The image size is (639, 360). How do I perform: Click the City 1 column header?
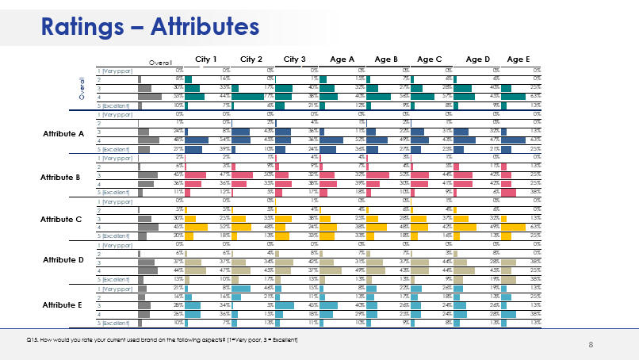point(206,59)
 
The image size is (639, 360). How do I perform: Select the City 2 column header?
point(251,59)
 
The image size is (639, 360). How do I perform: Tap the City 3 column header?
point(294,59)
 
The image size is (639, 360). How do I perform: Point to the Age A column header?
point(342,59)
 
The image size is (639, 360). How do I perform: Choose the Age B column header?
point(386,59)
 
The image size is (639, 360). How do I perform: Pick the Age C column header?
point(429,59)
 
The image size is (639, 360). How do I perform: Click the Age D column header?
point(478,59)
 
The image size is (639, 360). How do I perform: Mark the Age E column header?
point(518,59)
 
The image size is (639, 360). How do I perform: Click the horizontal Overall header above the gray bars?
point(161,62)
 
